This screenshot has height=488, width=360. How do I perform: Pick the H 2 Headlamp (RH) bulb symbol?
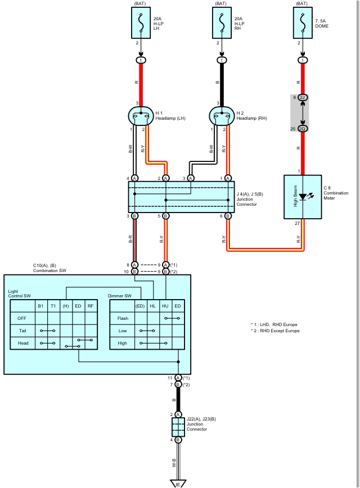(x=222, y=116)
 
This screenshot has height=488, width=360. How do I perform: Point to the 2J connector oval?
(x=303, y=97)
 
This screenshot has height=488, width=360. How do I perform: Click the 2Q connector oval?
(x=303, y=129)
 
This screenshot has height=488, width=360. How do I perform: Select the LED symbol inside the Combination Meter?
(x=304, y=197)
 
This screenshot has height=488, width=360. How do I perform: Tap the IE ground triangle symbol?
(x=178, y=482)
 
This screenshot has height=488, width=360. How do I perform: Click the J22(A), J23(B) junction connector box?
(x=178, y=426)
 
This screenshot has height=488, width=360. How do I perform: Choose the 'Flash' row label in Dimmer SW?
(x=123, y=318)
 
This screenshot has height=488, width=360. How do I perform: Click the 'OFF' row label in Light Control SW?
(x=22, y=318)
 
